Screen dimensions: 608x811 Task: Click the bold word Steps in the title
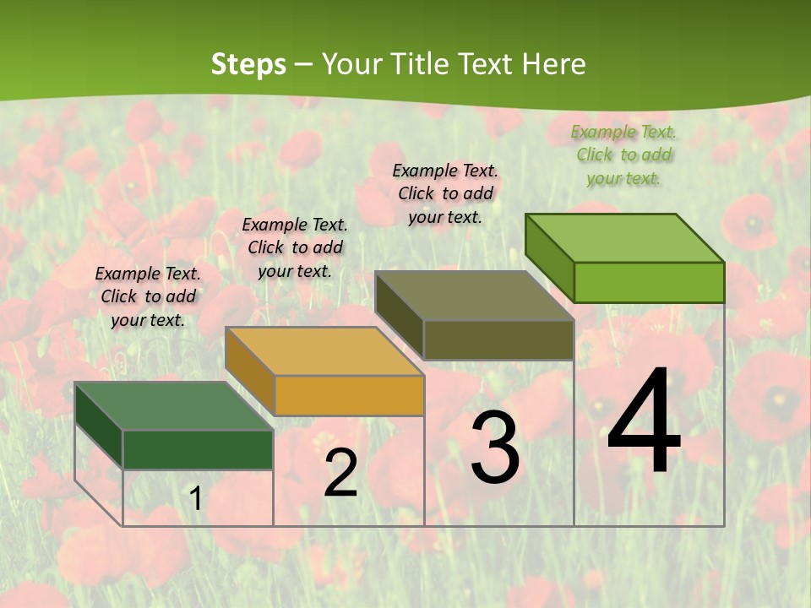(x=248, y=64)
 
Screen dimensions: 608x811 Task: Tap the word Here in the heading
(x=553, y=64)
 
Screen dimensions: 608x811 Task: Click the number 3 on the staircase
(x=495, y=448)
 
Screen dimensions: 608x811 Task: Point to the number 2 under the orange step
(x=340, y=473)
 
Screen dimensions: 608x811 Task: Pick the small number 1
(x=195, y=498)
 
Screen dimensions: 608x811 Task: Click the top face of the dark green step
(x=173, y=405)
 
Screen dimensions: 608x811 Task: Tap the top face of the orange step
(x=324, y=350)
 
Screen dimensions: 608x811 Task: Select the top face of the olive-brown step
(x=474, y=296)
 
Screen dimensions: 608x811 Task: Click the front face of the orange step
(x=349, y=395)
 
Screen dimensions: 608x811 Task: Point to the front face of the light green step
(x=649, y=282)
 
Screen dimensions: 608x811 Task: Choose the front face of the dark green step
(x=198, y=449)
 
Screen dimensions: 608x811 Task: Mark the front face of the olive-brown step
(x=498, y=339)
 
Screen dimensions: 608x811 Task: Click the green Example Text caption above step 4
(x=624, y=155)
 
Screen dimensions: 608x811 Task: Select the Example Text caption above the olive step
(x=445, y=193)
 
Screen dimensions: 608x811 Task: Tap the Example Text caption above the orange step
(x=295, y=247)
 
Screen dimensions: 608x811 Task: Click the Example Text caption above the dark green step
(x=148, y=296)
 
